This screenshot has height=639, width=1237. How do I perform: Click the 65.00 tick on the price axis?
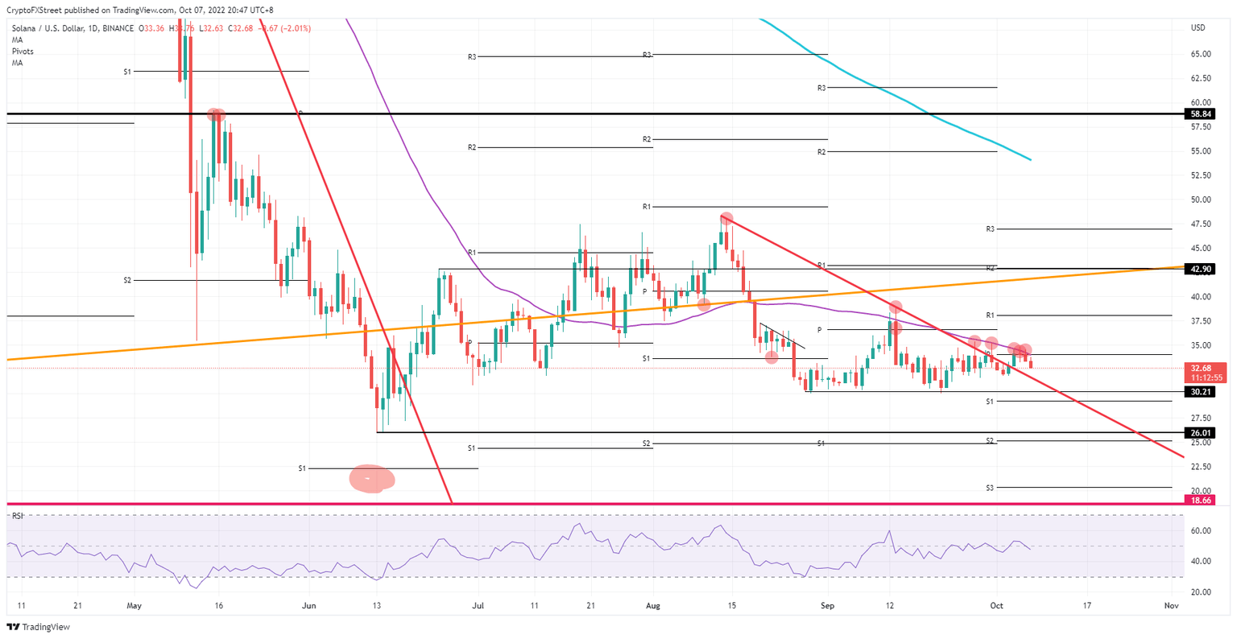click(x=1201, y=54)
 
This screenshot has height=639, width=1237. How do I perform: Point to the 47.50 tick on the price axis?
click(x=1201, y=224)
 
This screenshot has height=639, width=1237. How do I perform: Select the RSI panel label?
click(x=18, y=516)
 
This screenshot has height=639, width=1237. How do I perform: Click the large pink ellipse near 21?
click(x=371, y=479)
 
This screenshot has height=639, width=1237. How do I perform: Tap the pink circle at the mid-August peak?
click(x=726, y=219)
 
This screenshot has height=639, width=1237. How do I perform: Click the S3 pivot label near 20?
click(x=990, y=488)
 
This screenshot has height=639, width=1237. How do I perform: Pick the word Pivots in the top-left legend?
click(x=23, y=52)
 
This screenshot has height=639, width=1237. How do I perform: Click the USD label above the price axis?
click(x=1198, y=28)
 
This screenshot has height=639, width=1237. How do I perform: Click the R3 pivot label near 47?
click(x=991, y=229)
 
